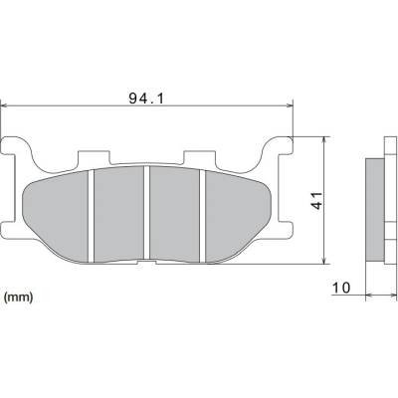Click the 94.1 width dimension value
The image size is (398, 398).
146,99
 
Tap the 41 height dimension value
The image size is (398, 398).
317,200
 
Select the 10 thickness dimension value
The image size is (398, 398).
341,288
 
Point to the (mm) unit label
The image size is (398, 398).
18,297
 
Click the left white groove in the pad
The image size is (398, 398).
92,216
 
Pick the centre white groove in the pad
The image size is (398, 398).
146,213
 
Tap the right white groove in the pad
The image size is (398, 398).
202,216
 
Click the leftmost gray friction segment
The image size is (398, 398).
56,217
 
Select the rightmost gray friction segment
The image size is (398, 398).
238,217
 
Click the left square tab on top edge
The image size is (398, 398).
94,158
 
